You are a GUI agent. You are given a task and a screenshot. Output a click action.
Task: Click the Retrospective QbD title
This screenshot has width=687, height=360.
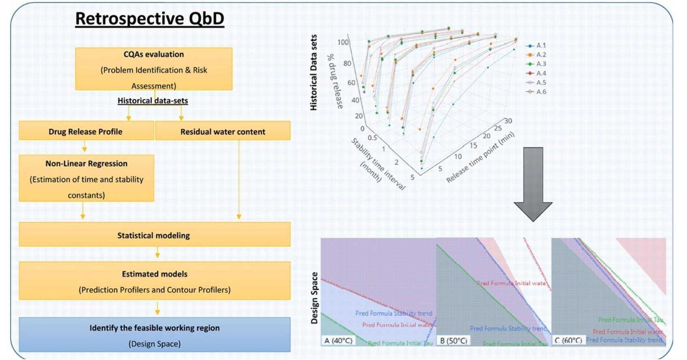(x=150, y=19)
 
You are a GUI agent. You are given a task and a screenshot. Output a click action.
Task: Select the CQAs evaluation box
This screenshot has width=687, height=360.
(x=154, y=69)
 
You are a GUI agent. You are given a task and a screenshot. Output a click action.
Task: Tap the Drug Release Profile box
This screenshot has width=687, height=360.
(x=86, y=131)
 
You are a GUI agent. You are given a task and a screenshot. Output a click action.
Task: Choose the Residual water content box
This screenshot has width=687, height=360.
(x=223, y=131)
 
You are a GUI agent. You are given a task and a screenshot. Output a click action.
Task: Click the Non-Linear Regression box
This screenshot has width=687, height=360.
(x=86, y=178)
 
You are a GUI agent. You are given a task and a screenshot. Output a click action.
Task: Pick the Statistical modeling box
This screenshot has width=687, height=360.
(x=154, y=235)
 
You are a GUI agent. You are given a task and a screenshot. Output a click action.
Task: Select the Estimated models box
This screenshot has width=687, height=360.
(x=155, y=281)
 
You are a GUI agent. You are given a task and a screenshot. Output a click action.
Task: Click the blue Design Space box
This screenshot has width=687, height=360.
(x=155, y=335)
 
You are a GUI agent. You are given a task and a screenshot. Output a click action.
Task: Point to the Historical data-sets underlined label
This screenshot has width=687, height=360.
(x=153, y=101)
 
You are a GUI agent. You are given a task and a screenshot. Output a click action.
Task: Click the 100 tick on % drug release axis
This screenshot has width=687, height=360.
(x=343, y=42)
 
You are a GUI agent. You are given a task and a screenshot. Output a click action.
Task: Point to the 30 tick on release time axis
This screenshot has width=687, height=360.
(x=508, y=121)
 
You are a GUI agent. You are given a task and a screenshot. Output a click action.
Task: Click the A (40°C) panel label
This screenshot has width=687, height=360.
(x=338, y=341)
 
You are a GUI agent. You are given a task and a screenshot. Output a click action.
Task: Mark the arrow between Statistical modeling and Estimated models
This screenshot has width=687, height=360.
(x=157, y=254)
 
